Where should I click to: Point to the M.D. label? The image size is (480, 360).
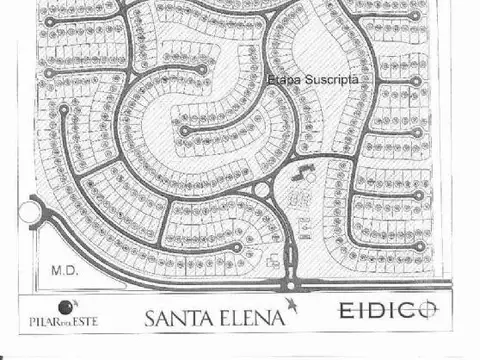pyautogui.click(x=64, y=269)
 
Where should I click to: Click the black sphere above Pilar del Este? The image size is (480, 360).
pyautogui.click(x=65, y=306)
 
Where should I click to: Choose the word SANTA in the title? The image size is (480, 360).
pyautogui.click(x=180, y=319)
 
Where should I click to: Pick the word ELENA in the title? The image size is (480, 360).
pyautogui.click(x=251, y=319)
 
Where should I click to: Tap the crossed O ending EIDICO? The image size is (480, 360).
pyautogui.click(x=426, y=310)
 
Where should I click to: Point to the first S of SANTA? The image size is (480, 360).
pyautogui.click(x=151, y=319)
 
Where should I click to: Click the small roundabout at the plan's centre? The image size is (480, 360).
pyautogui.click(x=263, y=189)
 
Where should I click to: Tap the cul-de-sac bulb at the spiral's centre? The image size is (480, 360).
pyautogui.click(x=184, y=129)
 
